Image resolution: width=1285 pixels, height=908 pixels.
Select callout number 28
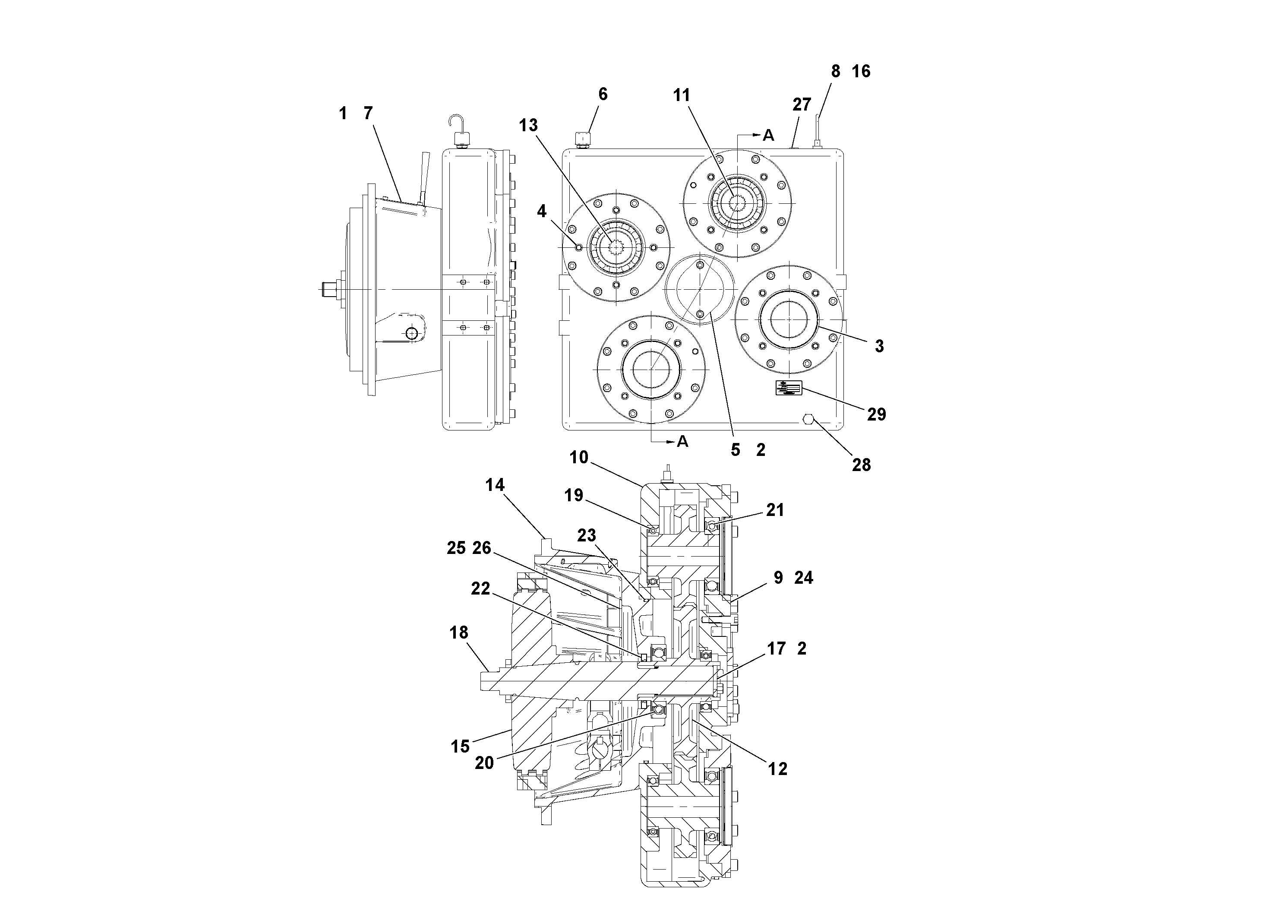point(861,465)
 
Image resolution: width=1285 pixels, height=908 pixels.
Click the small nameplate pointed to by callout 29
point(789,387)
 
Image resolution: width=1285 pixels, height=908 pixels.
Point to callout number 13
point(528,125)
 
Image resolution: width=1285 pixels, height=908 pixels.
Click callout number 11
point(681,96)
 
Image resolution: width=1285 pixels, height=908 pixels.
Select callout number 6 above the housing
point(603,94)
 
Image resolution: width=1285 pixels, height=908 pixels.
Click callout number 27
point(802,104)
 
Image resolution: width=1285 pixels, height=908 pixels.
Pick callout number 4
point(541,211)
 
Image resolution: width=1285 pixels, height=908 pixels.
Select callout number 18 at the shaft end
point(459,633)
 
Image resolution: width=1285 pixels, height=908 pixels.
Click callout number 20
point(484,762)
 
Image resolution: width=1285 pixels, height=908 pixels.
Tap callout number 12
point(778,769)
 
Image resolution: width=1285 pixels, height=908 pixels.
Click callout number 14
point(495,485)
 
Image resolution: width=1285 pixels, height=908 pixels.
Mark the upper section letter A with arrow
point(768,136)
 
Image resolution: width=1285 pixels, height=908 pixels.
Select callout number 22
point(480,588)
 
